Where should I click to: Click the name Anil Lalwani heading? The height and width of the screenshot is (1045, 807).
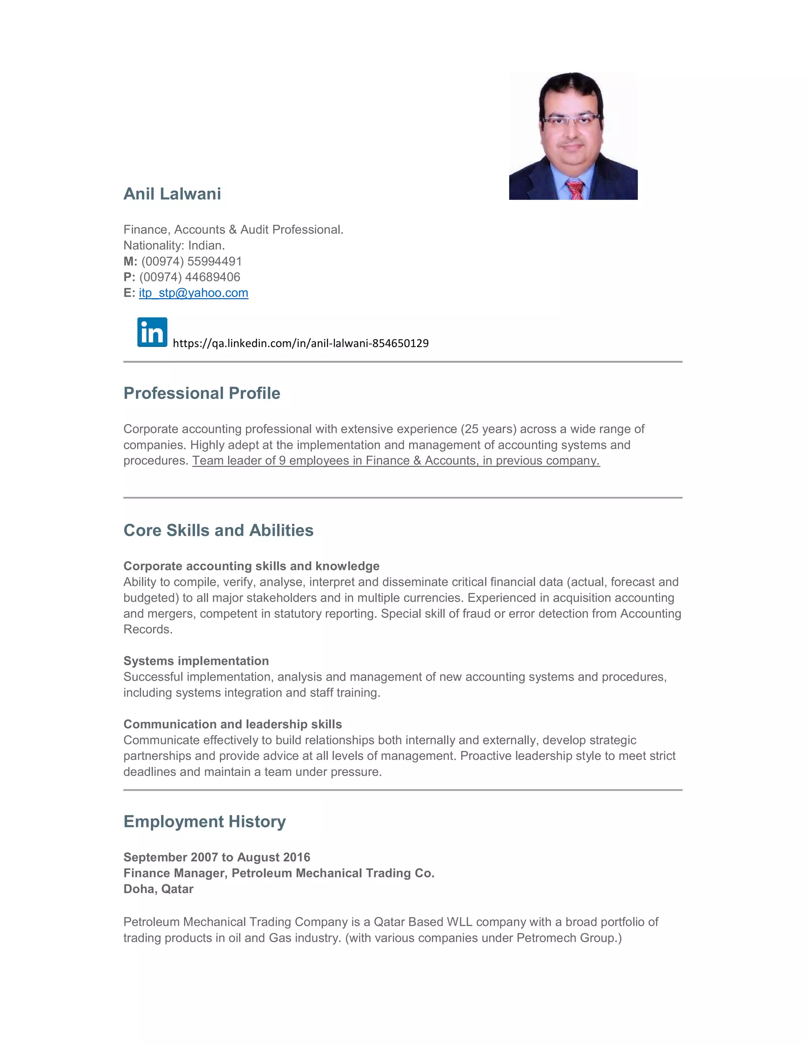click(x=172, y=194)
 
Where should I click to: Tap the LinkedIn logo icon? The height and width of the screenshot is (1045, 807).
click(x=152, y=332)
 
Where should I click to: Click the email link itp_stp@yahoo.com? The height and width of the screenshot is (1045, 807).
click(x=193, y=293)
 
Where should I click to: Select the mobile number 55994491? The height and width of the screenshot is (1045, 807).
click(x=214, y=261)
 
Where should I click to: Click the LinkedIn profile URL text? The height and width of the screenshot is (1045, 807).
click(x=300, y=343)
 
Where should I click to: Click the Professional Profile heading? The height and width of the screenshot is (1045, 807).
click(x=202, y=393)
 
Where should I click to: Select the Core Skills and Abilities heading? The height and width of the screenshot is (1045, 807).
click(x=218, y=530)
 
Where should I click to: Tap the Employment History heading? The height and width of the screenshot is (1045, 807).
click(x=205, y=821)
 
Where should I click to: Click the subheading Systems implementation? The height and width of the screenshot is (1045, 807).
click(x=196, y=661)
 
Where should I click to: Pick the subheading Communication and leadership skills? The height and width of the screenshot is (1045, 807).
click(x=233, y=724)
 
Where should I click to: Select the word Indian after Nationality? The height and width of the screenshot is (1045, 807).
click(x=206, y=245)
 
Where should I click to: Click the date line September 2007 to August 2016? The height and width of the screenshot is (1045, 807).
click(x=217, y=857)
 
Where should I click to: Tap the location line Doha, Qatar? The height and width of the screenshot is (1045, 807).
click(x=158, y=888)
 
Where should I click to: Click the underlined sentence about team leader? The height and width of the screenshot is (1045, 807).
click(x=396, y=460)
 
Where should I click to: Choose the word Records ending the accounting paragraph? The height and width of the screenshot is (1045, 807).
click(x=147, y=629)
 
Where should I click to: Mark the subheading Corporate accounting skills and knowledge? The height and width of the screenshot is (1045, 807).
click(x=251, y=566)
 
